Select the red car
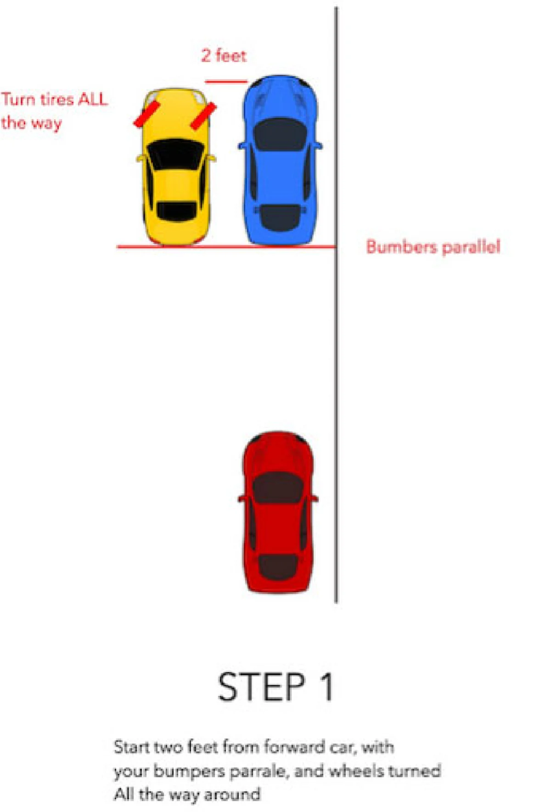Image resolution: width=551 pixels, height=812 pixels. [278, 512]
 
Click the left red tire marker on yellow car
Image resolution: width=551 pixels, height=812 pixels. [146, 114]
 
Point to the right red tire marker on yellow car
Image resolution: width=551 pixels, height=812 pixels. [203, 116]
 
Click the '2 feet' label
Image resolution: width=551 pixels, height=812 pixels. [224, 56]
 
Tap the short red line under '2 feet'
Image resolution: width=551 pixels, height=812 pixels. [226, 82]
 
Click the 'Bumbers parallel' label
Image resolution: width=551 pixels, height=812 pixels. [433, 247]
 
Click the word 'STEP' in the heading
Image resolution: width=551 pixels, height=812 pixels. [262, 687]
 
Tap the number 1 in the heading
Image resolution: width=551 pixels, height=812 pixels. [327, 687]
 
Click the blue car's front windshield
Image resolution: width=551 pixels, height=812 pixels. [280, 134]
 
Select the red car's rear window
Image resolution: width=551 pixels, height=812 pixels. [277, 567]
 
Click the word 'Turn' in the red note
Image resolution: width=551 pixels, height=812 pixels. [18, 99]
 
